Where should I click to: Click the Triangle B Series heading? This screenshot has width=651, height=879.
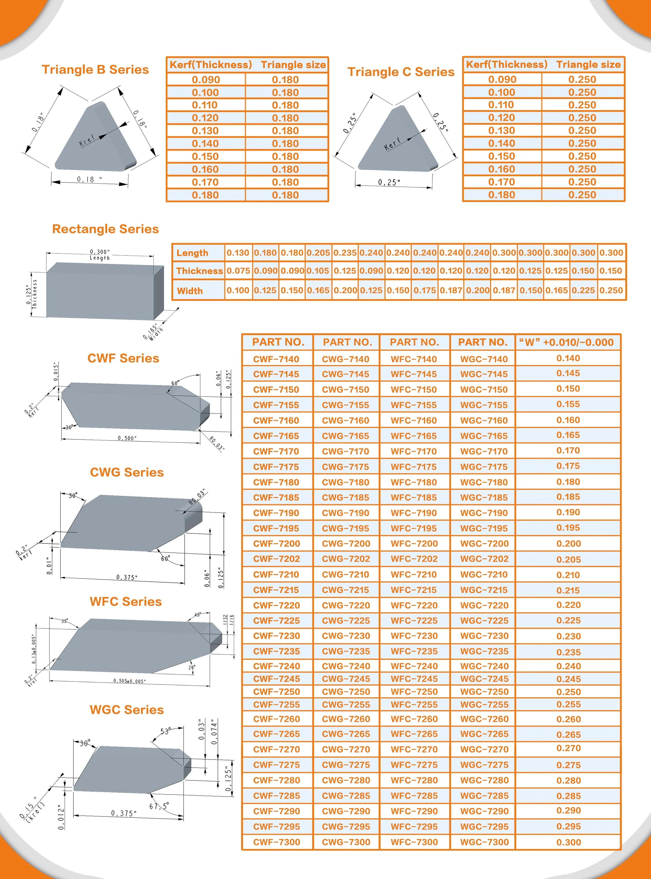click(x=95, y=70)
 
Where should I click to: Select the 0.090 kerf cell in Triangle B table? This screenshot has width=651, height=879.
click(x=206, y=80)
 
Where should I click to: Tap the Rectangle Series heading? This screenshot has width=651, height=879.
click(x=105, y=229)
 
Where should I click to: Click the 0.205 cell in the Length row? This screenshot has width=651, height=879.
click(x=318, y=253)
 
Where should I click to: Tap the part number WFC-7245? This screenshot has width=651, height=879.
click(x=414, y=678)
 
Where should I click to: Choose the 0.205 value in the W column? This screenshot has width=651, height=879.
click(x=568, y=559)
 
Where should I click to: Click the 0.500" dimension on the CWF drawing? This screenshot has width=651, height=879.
click(x=127, y=438)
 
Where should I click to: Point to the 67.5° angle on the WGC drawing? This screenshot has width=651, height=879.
click(x=159, y=806)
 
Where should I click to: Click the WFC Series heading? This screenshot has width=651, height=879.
click(x=125, y=602)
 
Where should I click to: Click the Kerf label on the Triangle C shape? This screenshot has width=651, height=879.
click(x=392, y=144)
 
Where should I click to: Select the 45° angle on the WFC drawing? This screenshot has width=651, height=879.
click(x=198, y=615)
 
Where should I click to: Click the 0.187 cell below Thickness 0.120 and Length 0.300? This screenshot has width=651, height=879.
click(x=504, y=290)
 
